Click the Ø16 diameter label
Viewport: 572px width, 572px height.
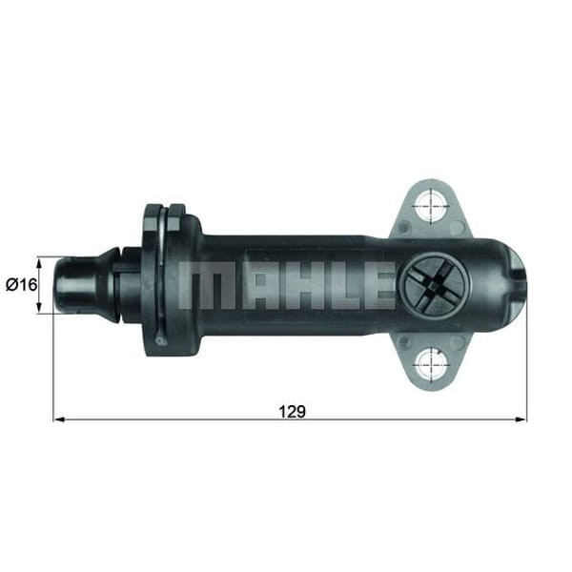pyautogui.click(x=18, y=284)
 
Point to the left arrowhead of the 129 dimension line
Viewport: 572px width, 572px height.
pyautogui.click(x=57, y=419)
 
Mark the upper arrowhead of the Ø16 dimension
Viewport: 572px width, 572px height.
pyautogui.click(x=39, y=260)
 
